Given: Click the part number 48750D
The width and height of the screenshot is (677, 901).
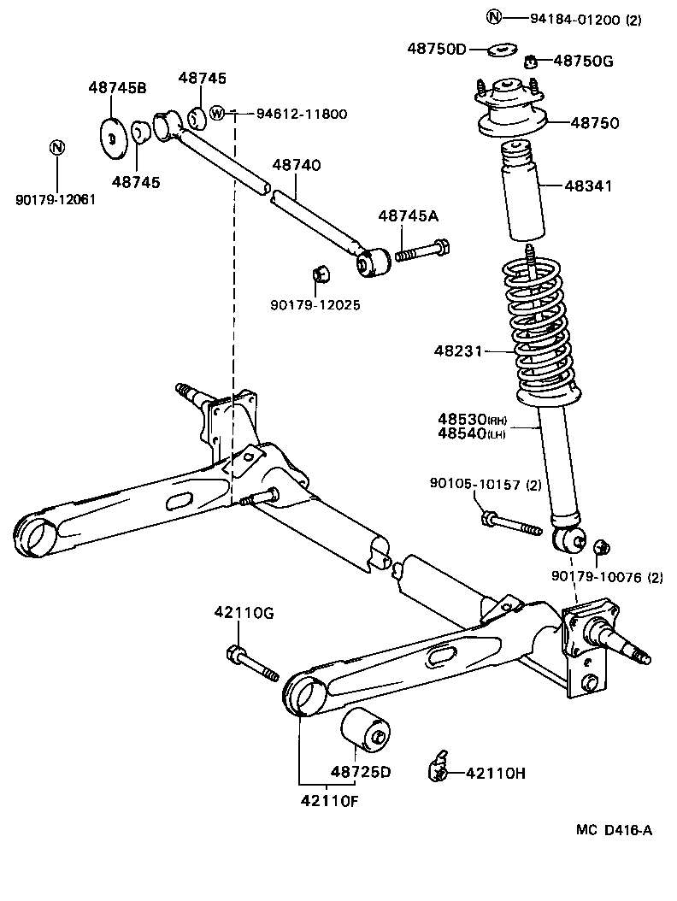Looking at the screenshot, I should click(436, 49).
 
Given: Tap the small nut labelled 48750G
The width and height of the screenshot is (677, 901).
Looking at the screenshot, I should click(530, 61).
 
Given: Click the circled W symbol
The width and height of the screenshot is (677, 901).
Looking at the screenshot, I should click(217, 114).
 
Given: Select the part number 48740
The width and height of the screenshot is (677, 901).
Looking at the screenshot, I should click(297, 164).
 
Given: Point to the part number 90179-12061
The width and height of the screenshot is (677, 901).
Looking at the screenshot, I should click(56, 200).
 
